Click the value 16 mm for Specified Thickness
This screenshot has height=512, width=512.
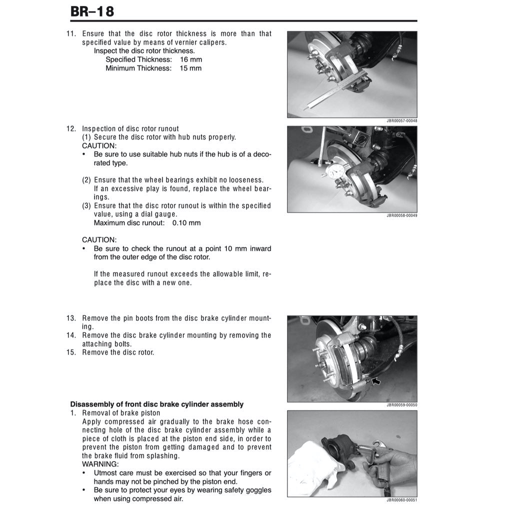(x=190, y=59)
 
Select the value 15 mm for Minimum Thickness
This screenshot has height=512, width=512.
(x=190, y=68)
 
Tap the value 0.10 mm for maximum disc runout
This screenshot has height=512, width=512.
(x=186, y=223)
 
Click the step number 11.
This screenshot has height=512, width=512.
(x=71, y=34)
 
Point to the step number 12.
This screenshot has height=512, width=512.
(x=71, y=129)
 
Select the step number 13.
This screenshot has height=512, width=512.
(x=71, y=318)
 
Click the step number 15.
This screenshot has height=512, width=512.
(x=71, y=352)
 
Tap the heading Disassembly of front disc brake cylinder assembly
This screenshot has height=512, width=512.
(x=156, y=404)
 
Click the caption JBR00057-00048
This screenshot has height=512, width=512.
(x=401, y=121)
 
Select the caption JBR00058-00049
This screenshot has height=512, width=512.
(x=401, y=215)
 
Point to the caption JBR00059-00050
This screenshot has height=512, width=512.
(x=401, y=405)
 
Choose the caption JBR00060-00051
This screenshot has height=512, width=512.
(x=401, y=500)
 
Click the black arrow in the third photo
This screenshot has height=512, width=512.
(x=375, y=382)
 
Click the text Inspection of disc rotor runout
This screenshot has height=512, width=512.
(x=130, y=129)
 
